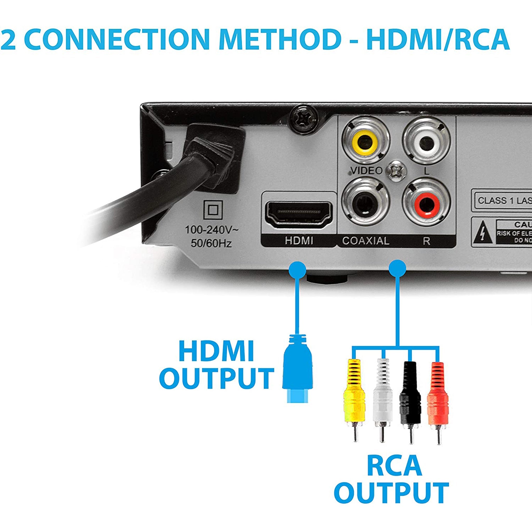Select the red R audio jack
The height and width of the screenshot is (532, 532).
pos(426,204)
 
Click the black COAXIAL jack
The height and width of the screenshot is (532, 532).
pos(366,204)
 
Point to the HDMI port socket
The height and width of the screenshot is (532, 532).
pos(299,214)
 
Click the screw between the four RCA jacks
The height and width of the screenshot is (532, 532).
pos(396,172)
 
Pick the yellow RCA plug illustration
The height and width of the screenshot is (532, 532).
pos(354,396)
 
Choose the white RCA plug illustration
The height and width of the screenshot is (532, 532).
pos(382,396)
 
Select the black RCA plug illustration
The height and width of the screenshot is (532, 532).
pos(410,396)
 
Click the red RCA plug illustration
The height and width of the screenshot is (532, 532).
pos(438,396)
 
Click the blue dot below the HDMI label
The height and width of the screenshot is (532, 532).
pos(297,269)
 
